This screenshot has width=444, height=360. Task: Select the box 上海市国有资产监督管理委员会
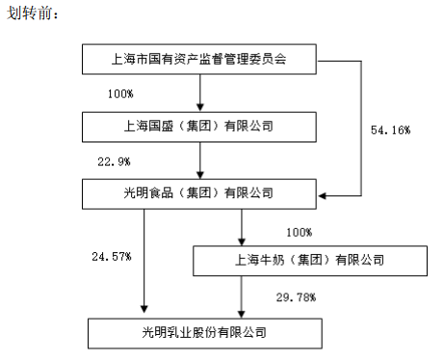point(199,60)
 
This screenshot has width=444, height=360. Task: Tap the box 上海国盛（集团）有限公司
point(199,126)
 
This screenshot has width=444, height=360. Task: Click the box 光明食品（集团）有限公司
point(199,194)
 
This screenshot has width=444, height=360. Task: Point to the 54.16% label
point(391,129)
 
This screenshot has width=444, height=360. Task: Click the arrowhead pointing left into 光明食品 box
point(324,197)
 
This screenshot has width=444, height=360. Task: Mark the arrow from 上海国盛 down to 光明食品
point(199,159)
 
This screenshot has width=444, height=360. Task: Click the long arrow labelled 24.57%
point(144,260)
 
